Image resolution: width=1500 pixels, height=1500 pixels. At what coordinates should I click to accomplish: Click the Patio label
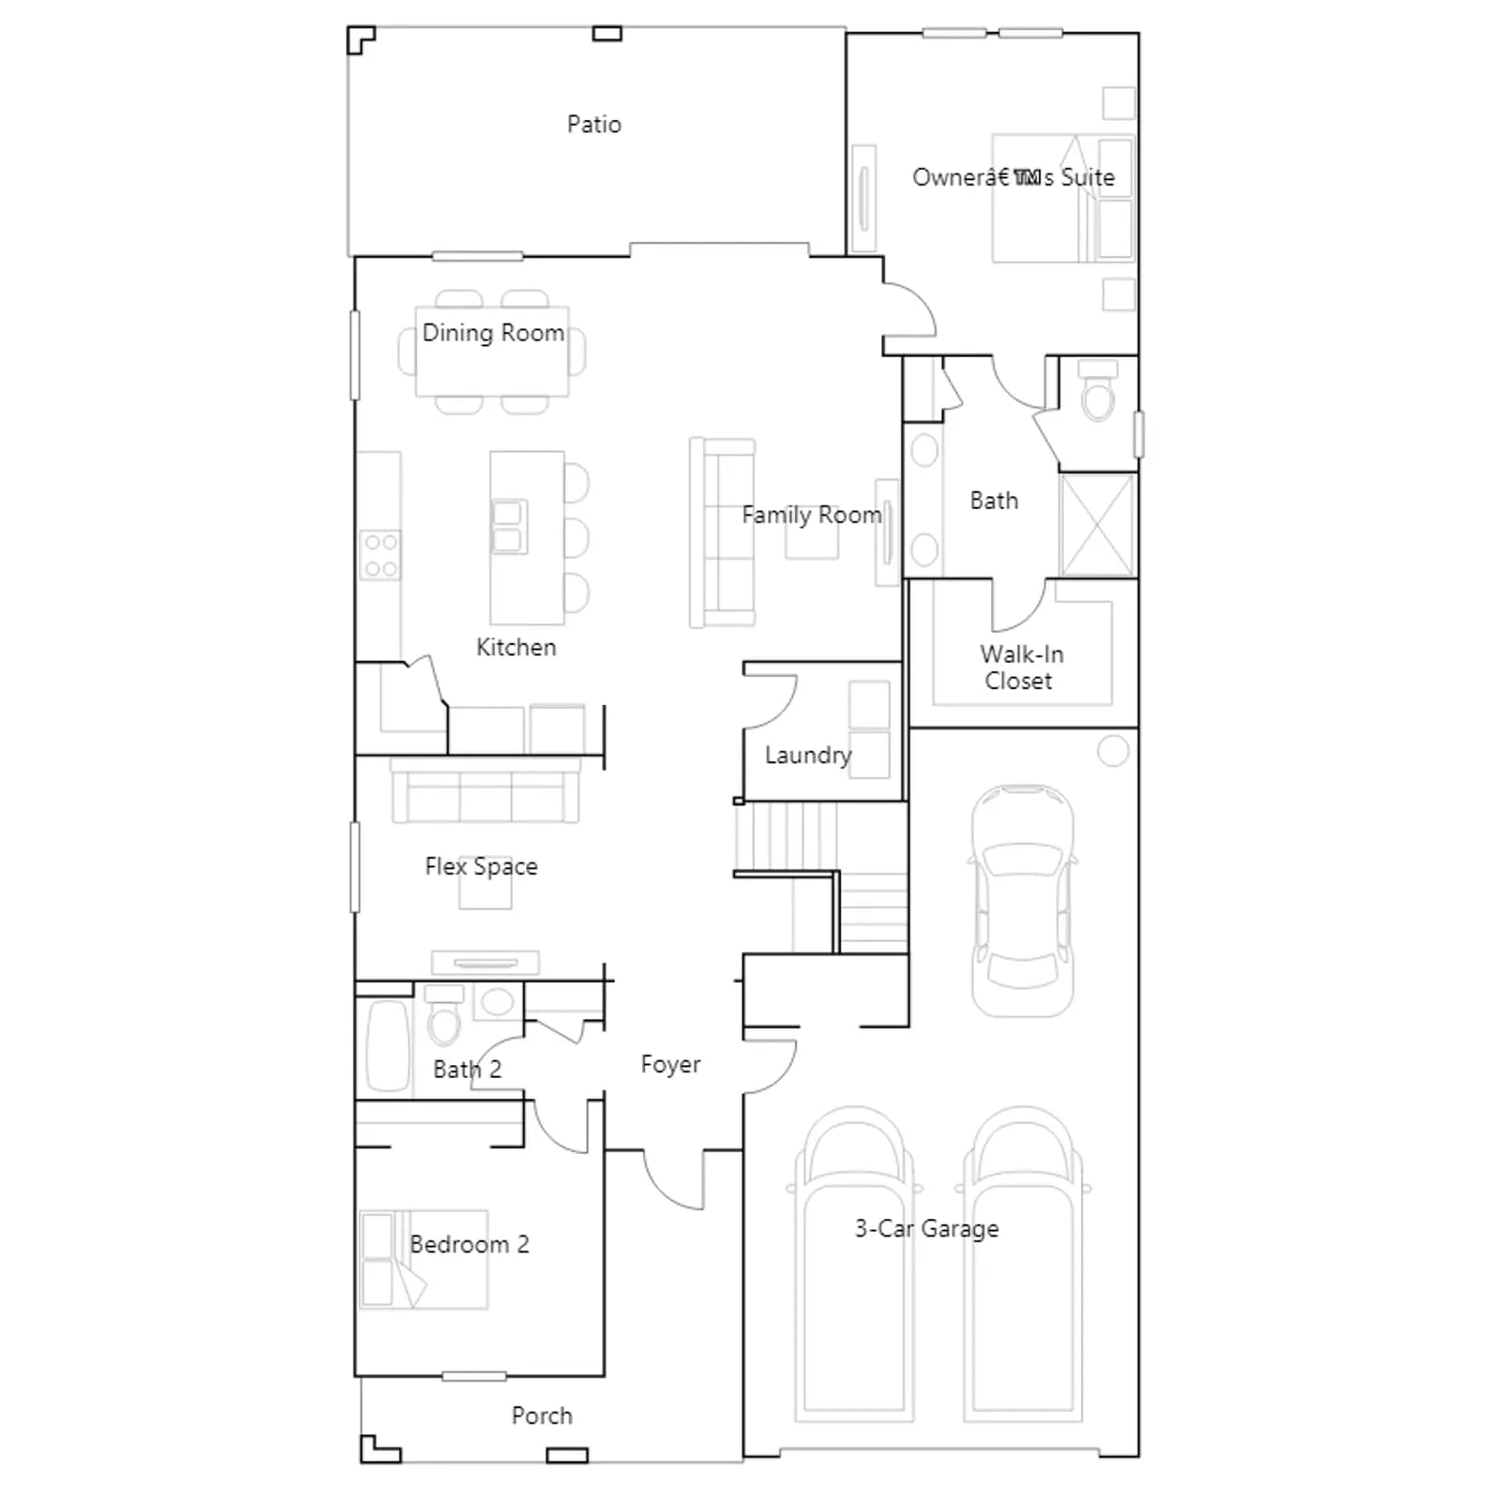click(x=593, y=125)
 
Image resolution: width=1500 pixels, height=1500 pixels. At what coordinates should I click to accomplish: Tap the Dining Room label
click(x=493, y=333)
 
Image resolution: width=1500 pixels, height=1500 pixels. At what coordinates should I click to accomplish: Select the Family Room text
click(x=812, y=515)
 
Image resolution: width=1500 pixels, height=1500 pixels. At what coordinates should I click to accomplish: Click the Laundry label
click(x=808, y=756)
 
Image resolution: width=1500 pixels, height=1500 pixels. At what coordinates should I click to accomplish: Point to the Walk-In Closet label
click(x=1021, y=667)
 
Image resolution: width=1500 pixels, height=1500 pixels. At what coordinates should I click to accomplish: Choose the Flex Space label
click(x=481, y=866)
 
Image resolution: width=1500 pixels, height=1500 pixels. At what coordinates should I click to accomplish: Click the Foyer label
click(x=670, y=1064)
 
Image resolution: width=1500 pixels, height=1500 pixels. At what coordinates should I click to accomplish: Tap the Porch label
click(x=542, y=1416)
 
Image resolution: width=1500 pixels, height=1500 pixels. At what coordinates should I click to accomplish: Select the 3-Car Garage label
click(x=926, y=1228)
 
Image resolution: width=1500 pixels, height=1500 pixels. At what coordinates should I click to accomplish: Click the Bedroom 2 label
click(x=470, y=1244)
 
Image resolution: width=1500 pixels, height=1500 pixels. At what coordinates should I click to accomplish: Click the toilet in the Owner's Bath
click(x=1098, y=390)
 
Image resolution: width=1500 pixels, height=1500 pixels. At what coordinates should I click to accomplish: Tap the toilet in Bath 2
click(x=444, y=1015)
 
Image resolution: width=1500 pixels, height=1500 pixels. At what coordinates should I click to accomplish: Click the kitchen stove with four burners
click(x=381, y=555)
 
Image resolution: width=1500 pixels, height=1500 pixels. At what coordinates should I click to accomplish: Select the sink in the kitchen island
click(x=508, y=526)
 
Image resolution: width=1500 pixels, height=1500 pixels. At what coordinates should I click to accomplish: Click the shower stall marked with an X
click(x=1097, y=525)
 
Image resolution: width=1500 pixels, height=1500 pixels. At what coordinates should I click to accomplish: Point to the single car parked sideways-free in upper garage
click(x=1023, y=901)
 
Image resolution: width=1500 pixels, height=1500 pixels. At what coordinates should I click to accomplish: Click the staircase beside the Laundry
click(x=821, y=877)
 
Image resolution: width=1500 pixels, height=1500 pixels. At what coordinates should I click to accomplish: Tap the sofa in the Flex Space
click(x=485, y=790)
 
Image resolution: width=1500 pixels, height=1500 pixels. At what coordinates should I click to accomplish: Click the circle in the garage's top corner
click(x=1113, y=751)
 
